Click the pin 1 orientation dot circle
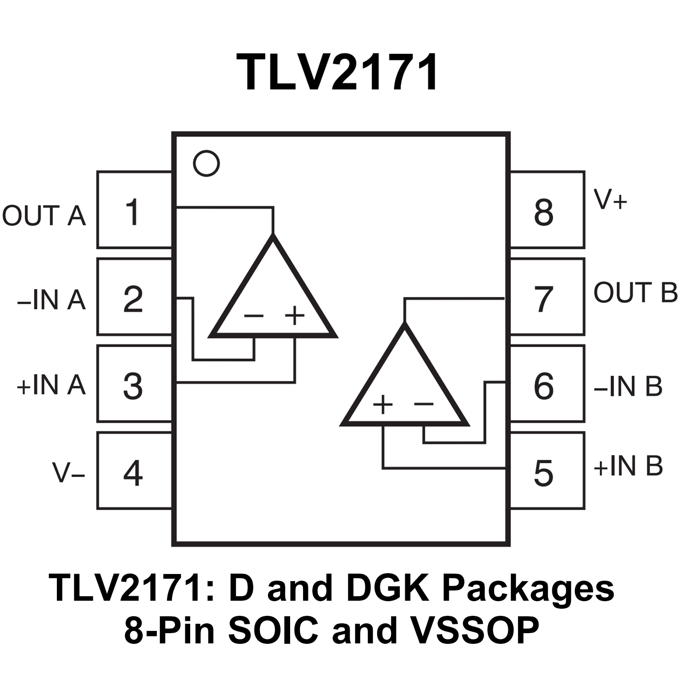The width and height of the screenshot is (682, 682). pos(206,164)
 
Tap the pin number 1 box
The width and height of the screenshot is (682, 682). pos(134,210)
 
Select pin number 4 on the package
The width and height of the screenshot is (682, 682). pos(134,471)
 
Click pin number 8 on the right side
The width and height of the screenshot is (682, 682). pos(546,210)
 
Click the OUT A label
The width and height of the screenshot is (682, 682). pos(44,216)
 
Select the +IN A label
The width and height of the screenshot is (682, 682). pos(51,385)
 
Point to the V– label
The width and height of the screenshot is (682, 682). pos(68,473)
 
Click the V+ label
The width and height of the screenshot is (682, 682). pos(610,200)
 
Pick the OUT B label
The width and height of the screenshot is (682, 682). pos(635,293)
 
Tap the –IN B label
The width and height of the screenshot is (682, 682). pos(628,386)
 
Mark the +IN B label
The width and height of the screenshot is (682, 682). pos(628,466)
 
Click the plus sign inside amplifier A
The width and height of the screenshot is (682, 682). pos(295,316)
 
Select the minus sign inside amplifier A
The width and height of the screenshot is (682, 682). pos(254,316)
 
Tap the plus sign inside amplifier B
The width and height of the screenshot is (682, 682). pos(383,404)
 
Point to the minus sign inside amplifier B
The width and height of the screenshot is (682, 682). pos(423,403)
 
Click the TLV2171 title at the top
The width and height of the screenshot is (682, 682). pos(338,73)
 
